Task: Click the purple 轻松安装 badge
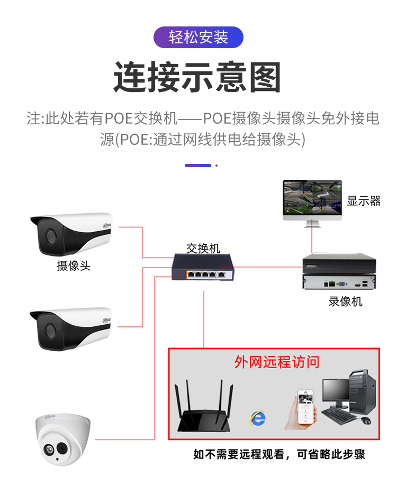(x=198, y=37)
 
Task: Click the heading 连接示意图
(x=198, y=77)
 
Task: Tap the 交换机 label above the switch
(x=203, y=248)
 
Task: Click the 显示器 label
(x=364, y=201)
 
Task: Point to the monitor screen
(x=312, y=197)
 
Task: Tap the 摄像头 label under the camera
(x=74, y=266)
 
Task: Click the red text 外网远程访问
(x=277, y=362)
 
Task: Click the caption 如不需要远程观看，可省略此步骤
(x=279, y=454)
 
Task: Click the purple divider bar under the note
(x=198, y=166)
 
